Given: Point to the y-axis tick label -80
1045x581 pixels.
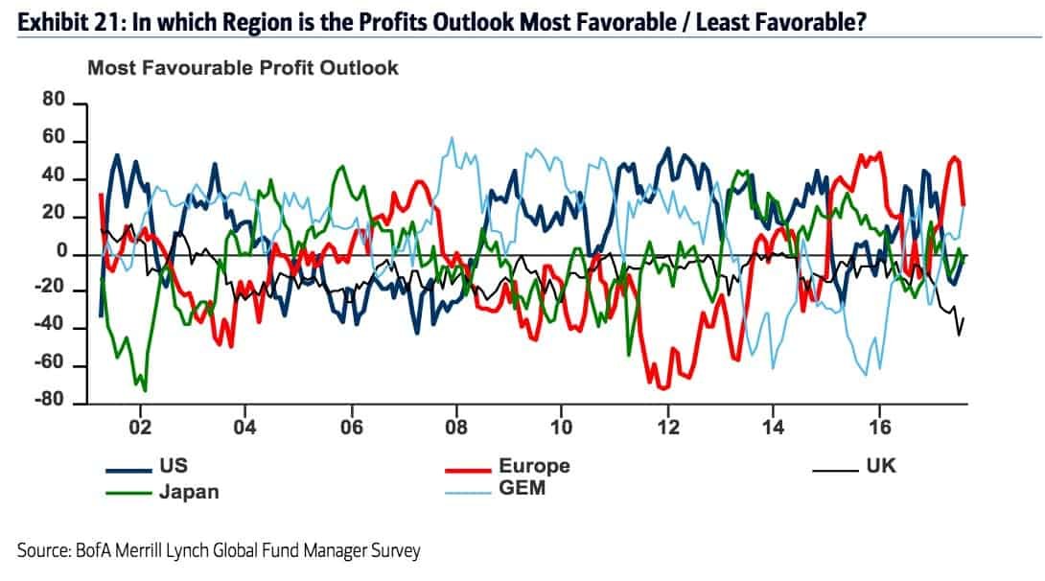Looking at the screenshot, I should click(x=49, y=403).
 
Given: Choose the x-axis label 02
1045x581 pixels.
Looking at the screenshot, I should click(x=140, y=428).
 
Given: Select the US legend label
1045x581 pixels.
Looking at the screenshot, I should click(x=173, y=467).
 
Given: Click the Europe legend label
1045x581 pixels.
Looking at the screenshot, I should click(x=534, y=467).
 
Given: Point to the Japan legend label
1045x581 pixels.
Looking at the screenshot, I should click(x=188, y=493).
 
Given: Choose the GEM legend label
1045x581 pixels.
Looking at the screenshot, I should click(x=522, y=491).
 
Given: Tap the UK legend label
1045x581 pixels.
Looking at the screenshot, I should click(x=880, y=467).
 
